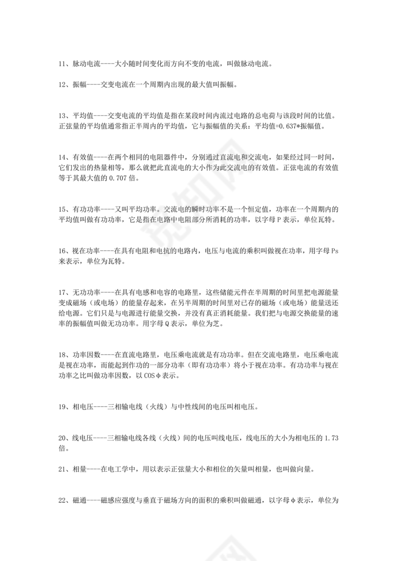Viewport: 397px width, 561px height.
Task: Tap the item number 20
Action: click(x=62, y=438)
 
